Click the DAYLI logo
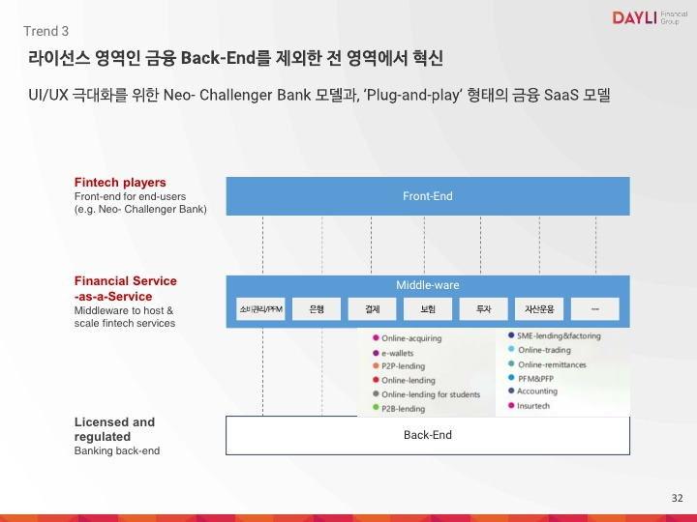(x=645, y=17)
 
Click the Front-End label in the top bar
(x=427, y=196)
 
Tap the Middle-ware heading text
(x=427, y=285)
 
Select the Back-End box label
(x=427, y=435)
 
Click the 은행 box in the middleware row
(x=317, y=309)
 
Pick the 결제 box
(x=372, y=309)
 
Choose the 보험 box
(x=428, y=309)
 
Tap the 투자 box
(x=483, y=309)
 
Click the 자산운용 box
(x=539, y=309)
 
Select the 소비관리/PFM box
(x=260, y=309)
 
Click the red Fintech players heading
(x=120, y=182)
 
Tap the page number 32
(x=677, y=498)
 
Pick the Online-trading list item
(x=544, y=350)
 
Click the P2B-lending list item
(x=403, y=409)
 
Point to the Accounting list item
(x=536, y=391)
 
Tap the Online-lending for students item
(x=430, y=394)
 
